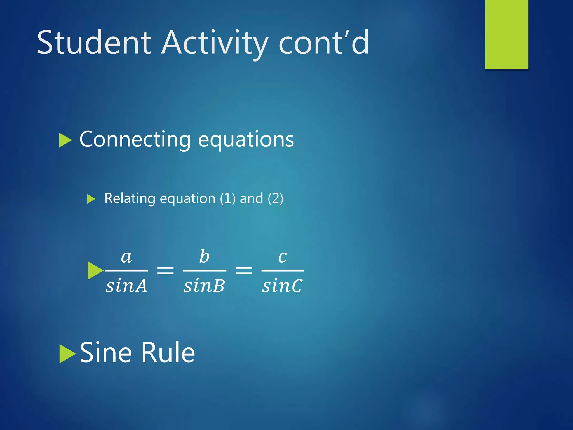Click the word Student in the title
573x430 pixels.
[x=94, y=43]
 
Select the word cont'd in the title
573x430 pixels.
[x=324, y=43]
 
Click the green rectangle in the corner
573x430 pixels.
[x=506, y=34]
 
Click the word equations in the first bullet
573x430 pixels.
[x=246, y=139]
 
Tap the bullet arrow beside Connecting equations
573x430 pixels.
[x=65, y=140]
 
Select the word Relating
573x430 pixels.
[x=130, y=198]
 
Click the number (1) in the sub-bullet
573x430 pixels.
[x=227, y=198]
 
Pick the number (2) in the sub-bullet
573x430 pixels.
[x=275, y=198]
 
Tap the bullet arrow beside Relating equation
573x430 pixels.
[x=91, y=199]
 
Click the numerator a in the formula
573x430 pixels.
[x=126, y=256]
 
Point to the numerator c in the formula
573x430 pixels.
[x=282, y=256]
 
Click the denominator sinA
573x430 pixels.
[x=126, y=286]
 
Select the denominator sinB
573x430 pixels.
[x=204, y=286]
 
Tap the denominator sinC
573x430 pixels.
[x=282, y=286]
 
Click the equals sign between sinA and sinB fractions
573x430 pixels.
[x=165, y=270]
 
